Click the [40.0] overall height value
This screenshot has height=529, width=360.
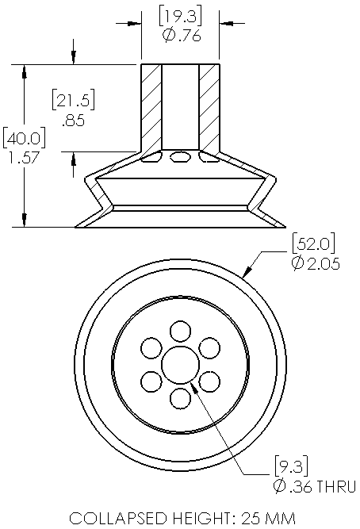(24, 138)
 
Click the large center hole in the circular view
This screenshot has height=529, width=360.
(179, 364)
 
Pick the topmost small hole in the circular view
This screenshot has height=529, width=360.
(181, 330)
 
